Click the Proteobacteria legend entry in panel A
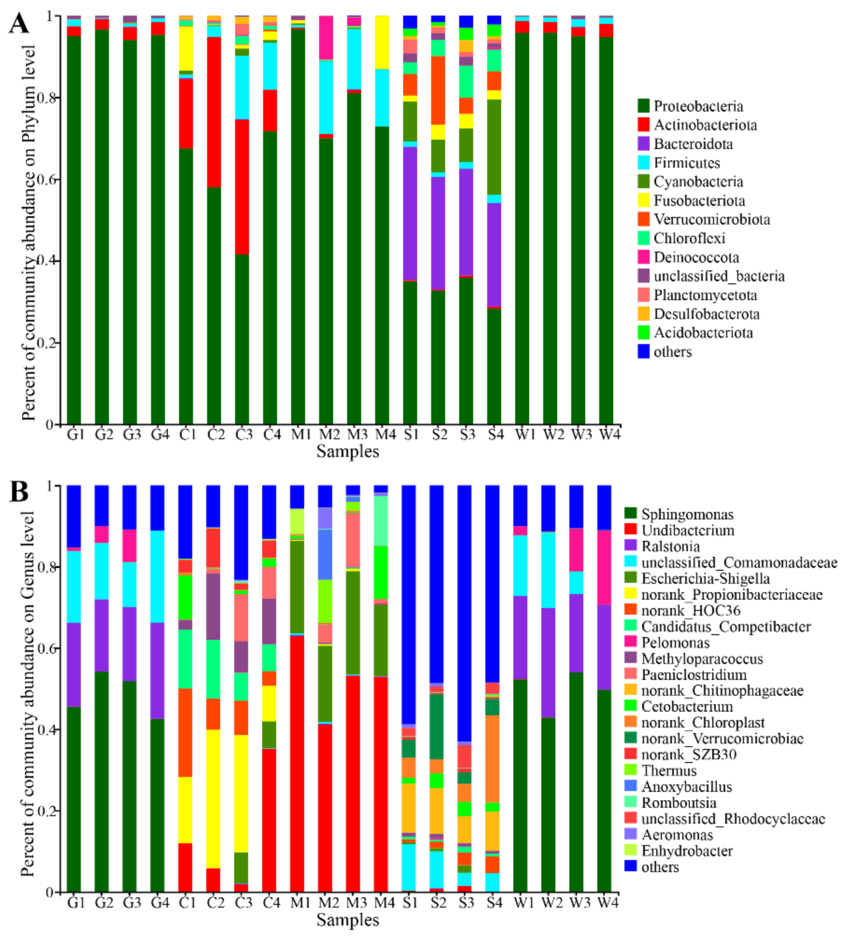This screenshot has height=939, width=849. tap(697, 106)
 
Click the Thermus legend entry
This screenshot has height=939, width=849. tap(669, 770)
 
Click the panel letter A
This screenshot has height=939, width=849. tap(19, 23)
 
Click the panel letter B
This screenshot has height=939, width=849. tap(19, 493)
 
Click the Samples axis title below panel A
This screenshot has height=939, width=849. tap(348, 451)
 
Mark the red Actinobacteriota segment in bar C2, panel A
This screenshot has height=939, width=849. tap(214, 112)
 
